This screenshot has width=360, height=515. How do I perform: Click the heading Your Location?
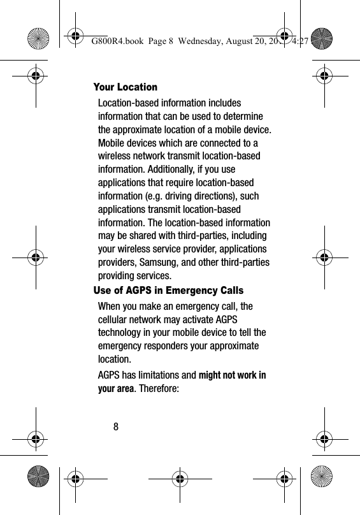(125, 87)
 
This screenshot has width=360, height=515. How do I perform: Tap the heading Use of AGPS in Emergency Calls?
(168, 291)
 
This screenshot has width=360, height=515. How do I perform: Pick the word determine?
(247, 116)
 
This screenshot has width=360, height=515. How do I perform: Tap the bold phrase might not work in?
(233, 375)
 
